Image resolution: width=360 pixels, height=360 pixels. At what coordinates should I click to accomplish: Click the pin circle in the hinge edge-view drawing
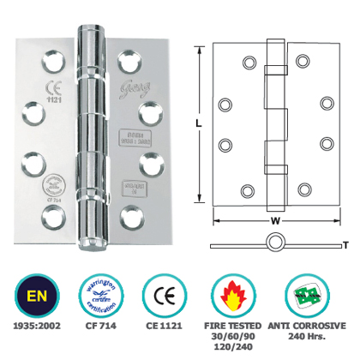276,246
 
